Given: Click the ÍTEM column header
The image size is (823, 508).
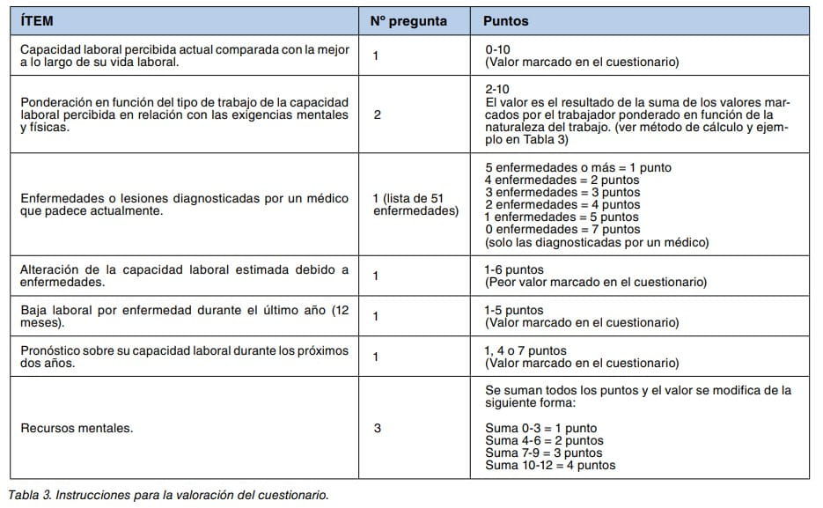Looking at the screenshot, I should [x=37, y=20].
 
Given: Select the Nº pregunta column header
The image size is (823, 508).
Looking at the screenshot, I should [x=408, y=20].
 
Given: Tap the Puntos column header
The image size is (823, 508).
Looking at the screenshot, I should [x=506, y=20].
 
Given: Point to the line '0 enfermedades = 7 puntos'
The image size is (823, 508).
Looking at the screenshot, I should [x=562, y=229].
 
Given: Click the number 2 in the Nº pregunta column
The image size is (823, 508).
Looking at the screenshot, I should [x=377, y=114].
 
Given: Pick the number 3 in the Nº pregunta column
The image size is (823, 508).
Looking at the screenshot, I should [x=377, y=428].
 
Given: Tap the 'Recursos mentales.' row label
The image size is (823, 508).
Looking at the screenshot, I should [x=77, y=428].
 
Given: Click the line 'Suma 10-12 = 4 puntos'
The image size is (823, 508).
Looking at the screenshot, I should [x=550, y=465].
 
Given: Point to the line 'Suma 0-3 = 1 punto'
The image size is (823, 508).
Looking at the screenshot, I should [x=540, y=428].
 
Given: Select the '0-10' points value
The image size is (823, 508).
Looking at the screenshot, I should [x=498, y=50].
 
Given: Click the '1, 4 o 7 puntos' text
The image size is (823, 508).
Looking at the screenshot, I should [x=525, y=350].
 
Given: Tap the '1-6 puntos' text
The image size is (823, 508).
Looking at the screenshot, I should [x=514, y=269].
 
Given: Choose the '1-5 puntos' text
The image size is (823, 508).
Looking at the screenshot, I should [x=514, y=310].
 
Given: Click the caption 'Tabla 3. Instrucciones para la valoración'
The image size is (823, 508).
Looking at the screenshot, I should [x=168, y=495].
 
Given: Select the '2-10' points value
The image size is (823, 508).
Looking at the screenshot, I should [x=496, y=90].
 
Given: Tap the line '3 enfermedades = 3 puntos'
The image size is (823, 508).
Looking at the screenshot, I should [x=562, y=192].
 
